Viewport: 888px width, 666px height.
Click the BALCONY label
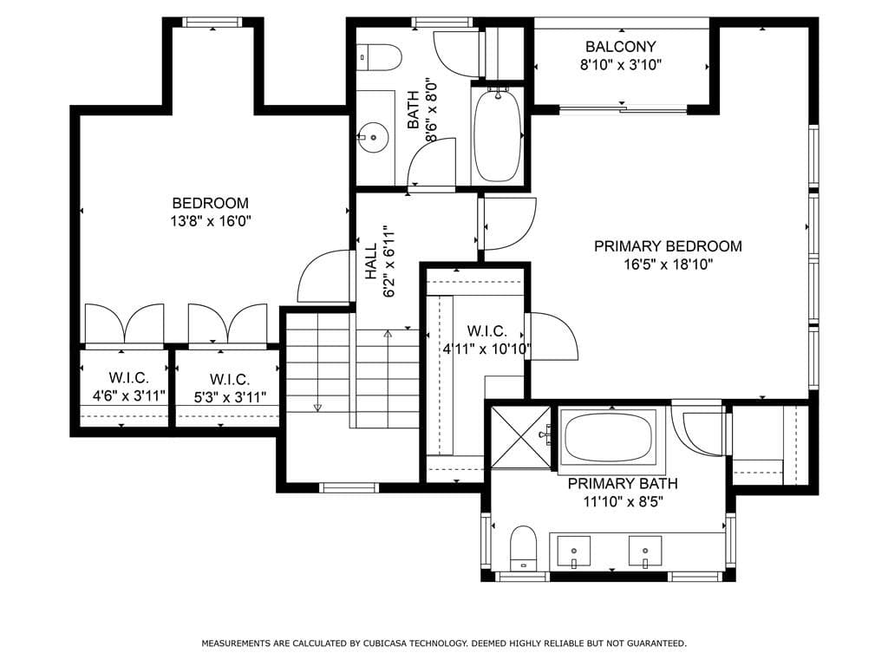621,47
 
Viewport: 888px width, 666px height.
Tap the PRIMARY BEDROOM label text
668,246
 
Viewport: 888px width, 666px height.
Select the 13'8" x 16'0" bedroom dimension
211,221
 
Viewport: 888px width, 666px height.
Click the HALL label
370,261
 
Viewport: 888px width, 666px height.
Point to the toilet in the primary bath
523,548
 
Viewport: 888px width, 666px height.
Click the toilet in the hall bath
380,56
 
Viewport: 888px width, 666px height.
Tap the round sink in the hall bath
373,137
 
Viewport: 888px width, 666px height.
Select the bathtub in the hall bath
497,135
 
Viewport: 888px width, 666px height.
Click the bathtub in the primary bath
607,438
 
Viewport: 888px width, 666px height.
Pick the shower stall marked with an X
520,437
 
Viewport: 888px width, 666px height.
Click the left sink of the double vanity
573,551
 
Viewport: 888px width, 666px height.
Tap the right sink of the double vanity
645,551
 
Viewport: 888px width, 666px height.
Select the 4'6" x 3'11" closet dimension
129,395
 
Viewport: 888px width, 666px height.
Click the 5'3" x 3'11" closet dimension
230,397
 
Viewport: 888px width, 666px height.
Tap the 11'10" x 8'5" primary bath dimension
623,502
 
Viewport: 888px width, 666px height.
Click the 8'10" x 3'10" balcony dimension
621,64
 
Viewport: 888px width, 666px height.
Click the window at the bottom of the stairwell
349,487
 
